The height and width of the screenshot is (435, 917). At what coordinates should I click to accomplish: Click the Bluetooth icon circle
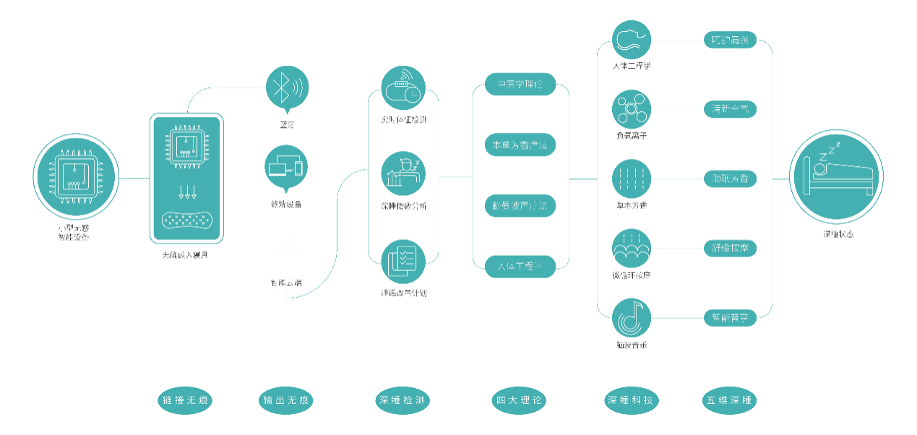click(x=288, y=87)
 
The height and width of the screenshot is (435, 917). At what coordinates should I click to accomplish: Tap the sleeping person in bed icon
click(x=837, y=177)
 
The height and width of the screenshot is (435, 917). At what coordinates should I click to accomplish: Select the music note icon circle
click(x=632, y=317)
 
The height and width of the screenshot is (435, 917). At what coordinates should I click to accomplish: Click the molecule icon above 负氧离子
click(x=632, y=110)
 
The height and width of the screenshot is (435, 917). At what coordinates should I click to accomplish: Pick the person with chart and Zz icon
click(x=403, y=173)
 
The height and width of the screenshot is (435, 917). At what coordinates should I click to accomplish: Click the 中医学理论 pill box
click(x=520, y=85)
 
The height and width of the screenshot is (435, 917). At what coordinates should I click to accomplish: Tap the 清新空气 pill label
click(x=730, y=110)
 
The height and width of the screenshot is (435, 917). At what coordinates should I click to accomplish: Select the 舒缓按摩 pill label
click(x=730, y=248)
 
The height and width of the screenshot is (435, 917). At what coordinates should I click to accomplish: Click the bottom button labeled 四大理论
click(x=520, y=400)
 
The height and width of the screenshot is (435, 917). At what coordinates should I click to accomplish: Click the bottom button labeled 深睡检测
click(x=403, y=400)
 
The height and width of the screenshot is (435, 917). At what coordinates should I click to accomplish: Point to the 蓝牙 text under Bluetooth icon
click(x=288, y=125)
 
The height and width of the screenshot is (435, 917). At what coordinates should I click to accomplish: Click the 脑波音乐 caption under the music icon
click(x=632, y=345)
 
